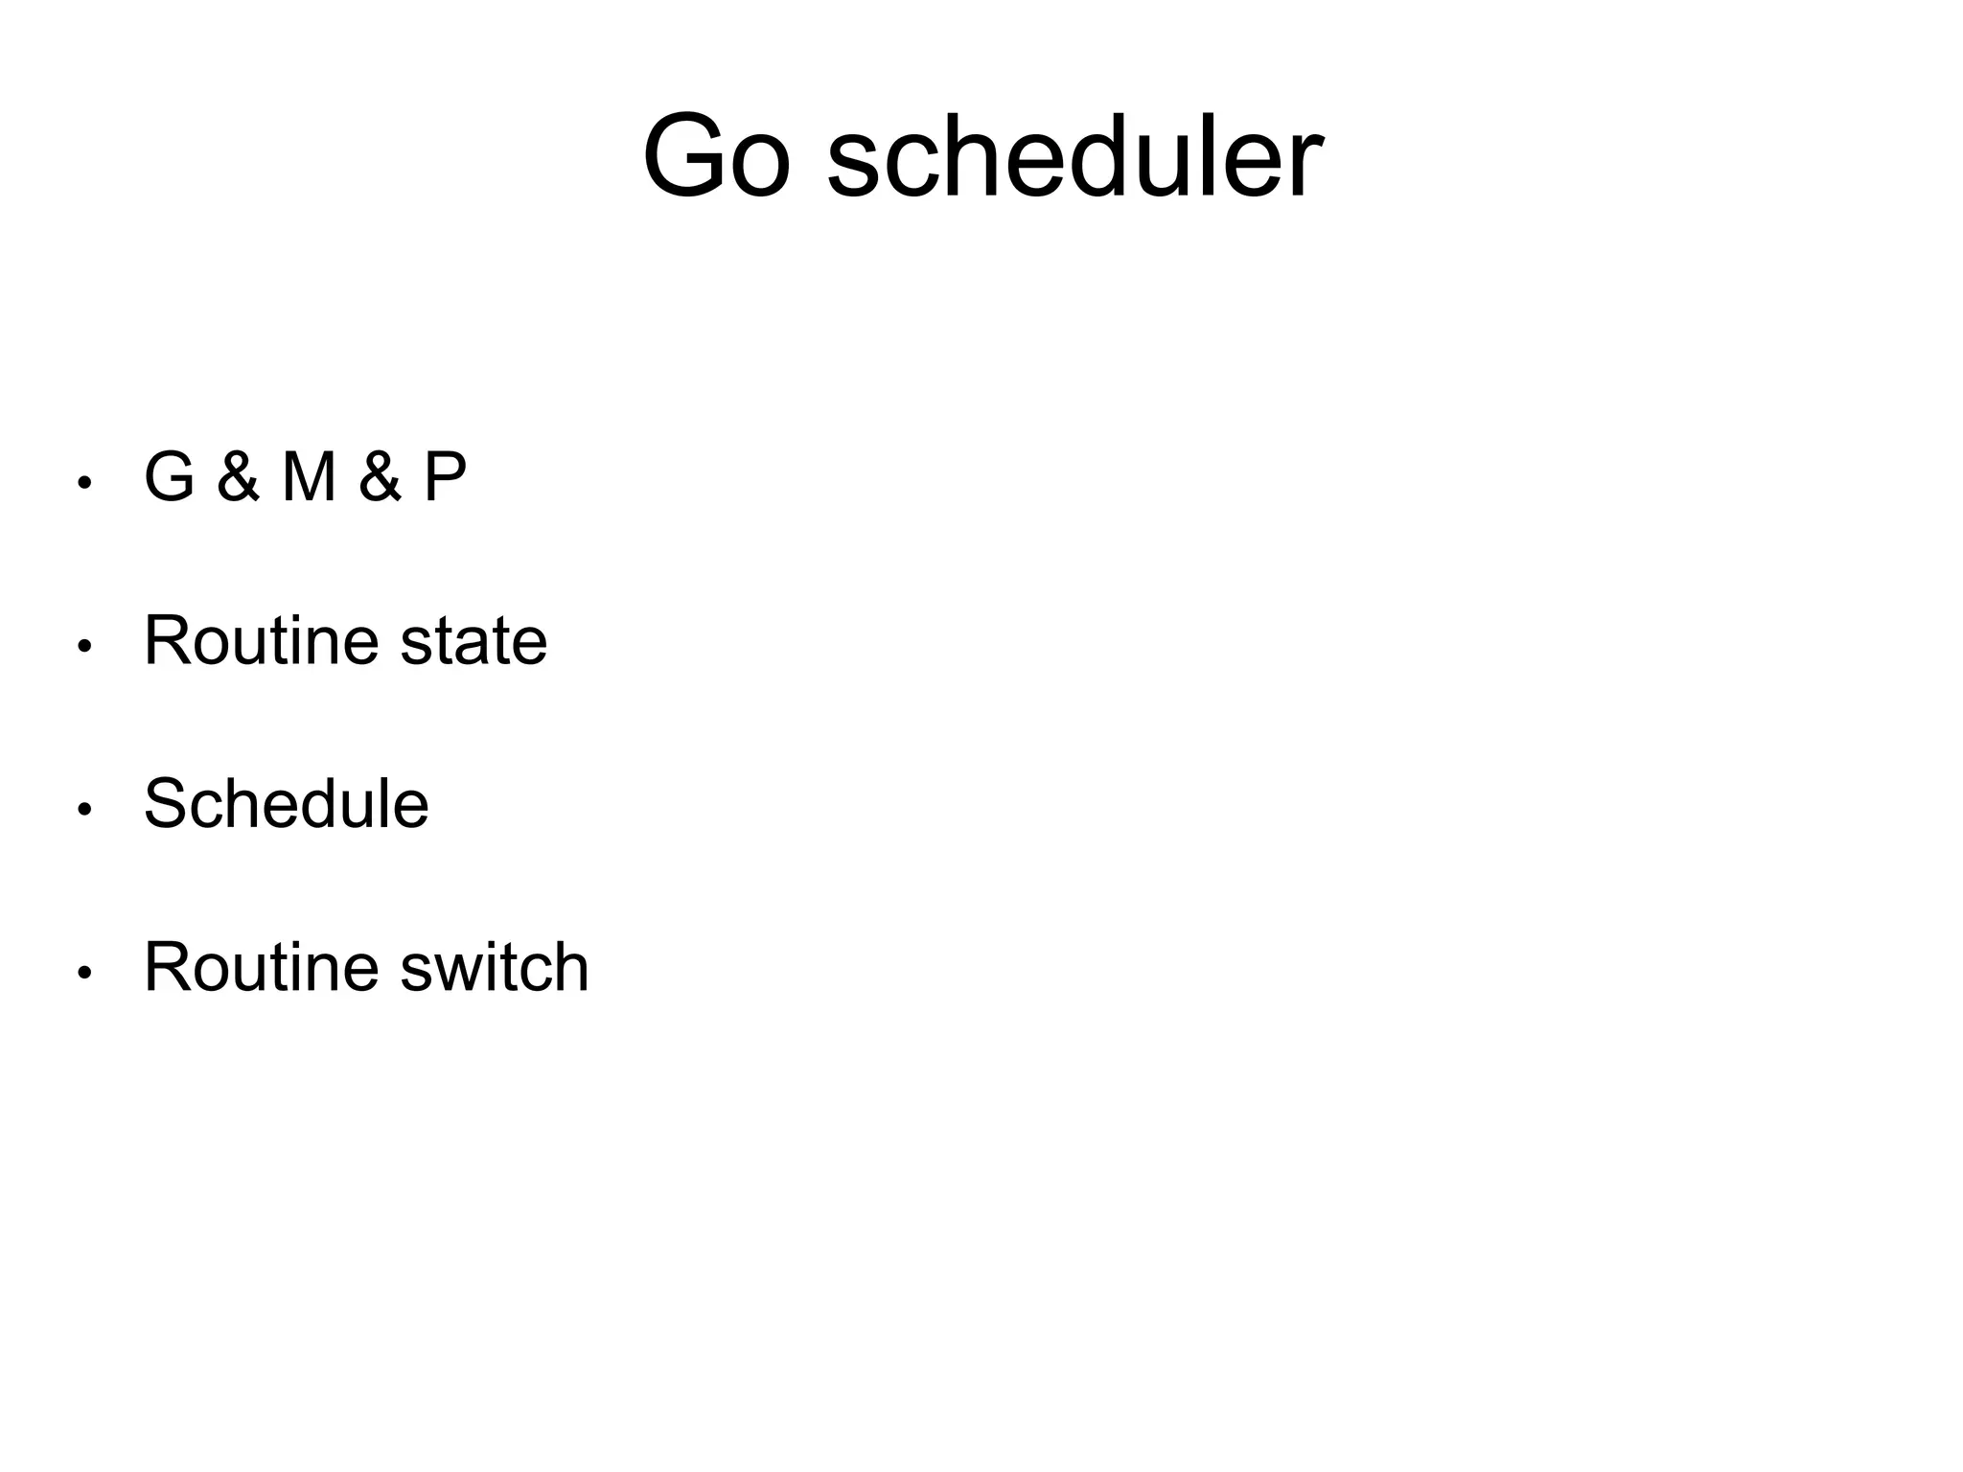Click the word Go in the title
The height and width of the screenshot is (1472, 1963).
717,156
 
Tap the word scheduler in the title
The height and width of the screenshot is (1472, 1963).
1074,156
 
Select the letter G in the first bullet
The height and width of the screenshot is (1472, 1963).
170,476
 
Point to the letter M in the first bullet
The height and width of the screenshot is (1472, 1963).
309,476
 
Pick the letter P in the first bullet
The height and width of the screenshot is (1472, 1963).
445,476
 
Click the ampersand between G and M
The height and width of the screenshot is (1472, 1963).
238,476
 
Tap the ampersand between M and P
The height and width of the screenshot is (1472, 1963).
380,476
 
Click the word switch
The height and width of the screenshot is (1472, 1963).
494,967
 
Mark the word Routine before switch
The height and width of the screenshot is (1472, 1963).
261,967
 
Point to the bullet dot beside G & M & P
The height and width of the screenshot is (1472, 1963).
84,483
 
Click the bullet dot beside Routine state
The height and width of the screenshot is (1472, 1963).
84,647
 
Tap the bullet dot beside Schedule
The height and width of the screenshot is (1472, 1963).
84,810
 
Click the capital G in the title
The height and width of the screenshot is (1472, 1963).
682,156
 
